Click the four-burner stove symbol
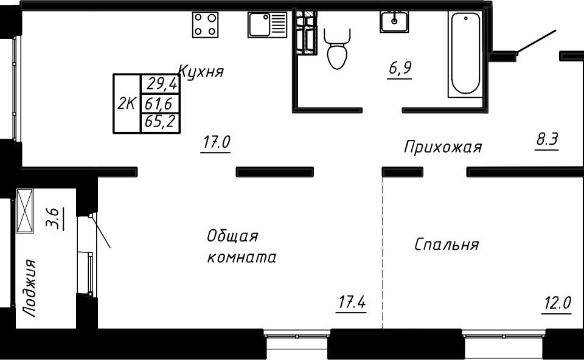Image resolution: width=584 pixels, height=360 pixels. point(205,24)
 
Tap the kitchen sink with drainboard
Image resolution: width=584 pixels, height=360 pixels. point(268,24)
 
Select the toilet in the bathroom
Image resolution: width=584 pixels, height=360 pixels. point(337,49)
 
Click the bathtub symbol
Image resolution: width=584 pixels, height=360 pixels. point(465,54)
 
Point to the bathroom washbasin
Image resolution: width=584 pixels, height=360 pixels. point(394,22)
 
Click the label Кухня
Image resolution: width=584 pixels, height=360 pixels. point(201,71)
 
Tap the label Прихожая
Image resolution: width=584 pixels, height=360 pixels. point(443,147)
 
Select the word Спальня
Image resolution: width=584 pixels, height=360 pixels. point(447,244)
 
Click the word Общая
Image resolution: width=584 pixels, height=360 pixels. point(232,236)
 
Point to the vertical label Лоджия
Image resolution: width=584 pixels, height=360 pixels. point(29,288)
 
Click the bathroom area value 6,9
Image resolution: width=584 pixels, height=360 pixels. point(400,69)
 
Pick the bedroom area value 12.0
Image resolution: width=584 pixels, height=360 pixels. point(557,303)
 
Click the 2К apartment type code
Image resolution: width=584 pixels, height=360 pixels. point(127,103)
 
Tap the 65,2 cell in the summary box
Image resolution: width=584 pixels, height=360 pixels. point(160,122)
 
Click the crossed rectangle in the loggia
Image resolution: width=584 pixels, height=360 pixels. point(25,211)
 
